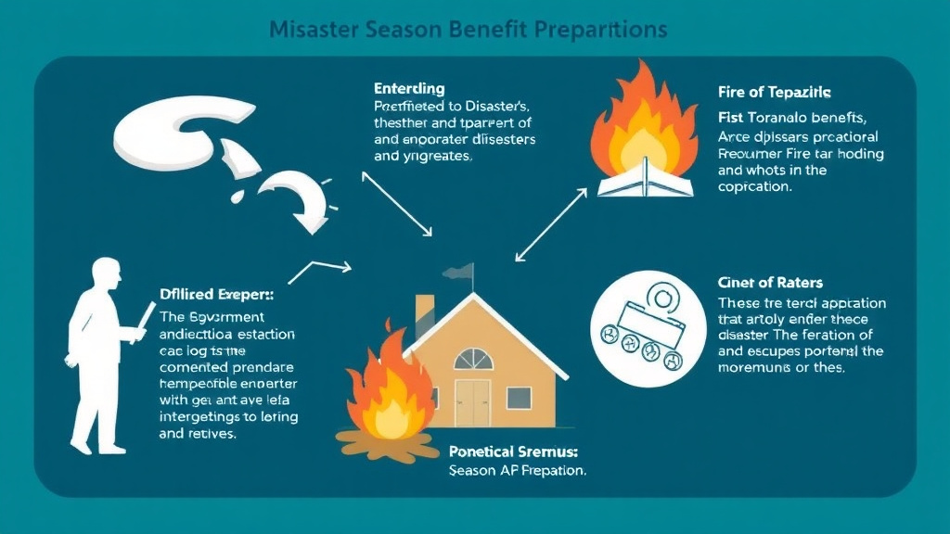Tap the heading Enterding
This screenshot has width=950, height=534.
(x=409, y=89)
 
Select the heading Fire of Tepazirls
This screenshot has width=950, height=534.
(x=774, y=93)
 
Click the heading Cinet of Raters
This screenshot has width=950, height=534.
(x=771, y=282)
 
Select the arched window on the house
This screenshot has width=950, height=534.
(x=474, y=359)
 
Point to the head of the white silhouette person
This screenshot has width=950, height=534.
(x=106, y=273)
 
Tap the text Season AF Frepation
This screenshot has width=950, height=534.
(x=517, y=471)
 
